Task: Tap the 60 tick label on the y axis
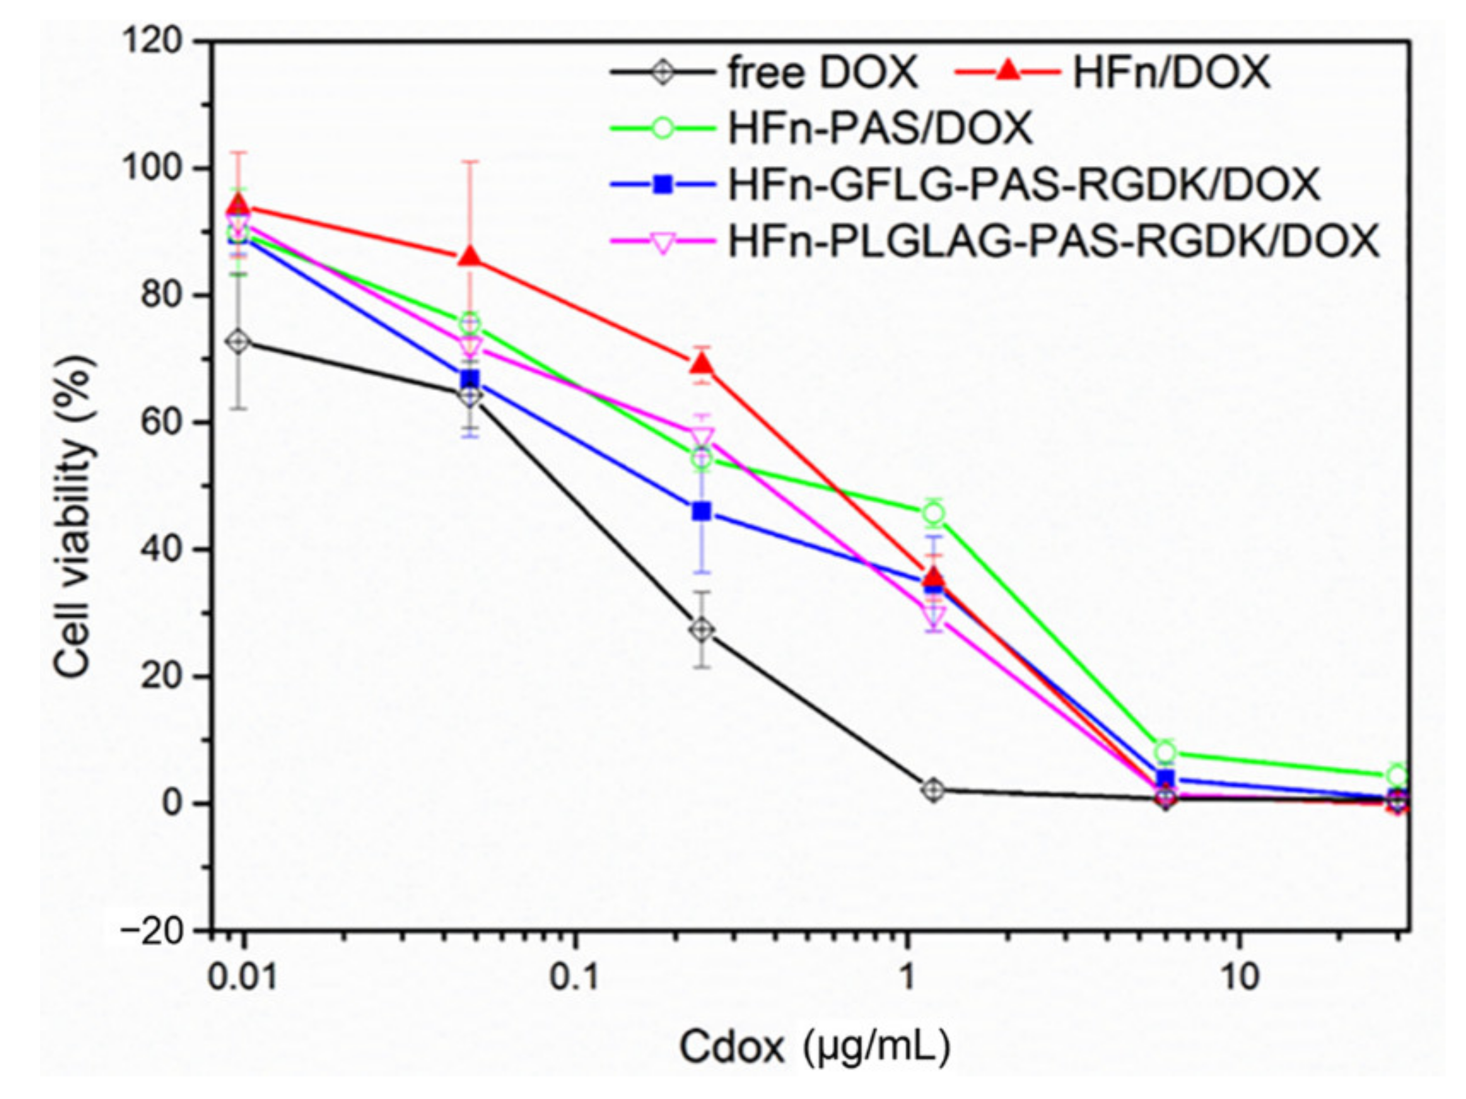pos(161,423)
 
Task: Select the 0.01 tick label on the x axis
pos(242,978)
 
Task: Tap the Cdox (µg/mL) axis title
pos(814,1047)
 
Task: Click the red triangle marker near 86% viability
pos(470,257)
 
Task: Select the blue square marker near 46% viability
pos(701,511)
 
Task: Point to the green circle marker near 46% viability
pos(933,513)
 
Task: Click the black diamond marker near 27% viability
pos(702,629)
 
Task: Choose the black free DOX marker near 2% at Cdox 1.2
pos(933,790)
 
